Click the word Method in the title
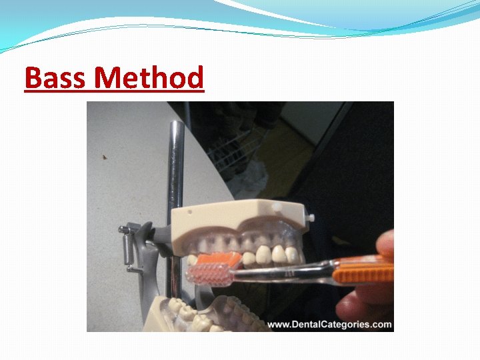pos(149,78)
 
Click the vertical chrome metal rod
pos(177,167)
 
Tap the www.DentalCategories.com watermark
pos(329,325)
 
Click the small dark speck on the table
pos(105,158)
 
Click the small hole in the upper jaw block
pos(191,215)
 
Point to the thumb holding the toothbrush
pos(385,243)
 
